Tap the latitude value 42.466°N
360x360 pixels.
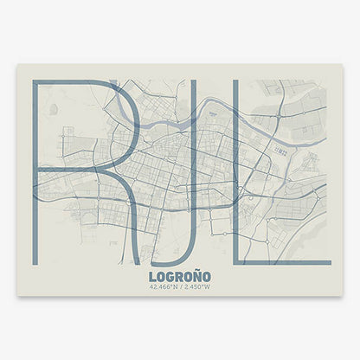click(x=163, y=287)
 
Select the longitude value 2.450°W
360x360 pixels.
click(x=198, y=287)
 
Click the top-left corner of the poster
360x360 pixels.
click(x=17, y=65)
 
